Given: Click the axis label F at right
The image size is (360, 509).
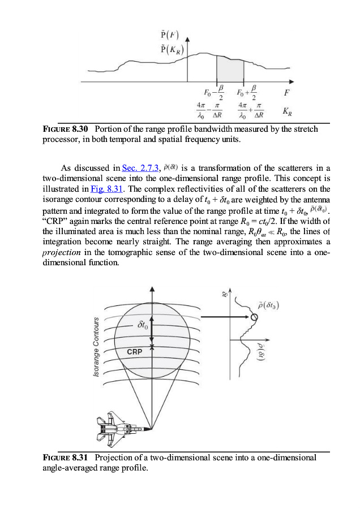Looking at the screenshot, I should [x=286, y=92].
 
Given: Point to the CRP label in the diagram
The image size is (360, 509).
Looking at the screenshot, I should [x=135, y=352].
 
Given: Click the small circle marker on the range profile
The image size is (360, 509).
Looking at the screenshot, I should [x=254, y=317].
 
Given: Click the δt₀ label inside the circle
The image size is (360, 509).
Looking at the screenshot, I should [x=144, y=326].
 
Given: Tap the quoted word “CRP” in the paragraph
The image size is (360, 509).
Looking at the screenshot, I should [x=55, y=219].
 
